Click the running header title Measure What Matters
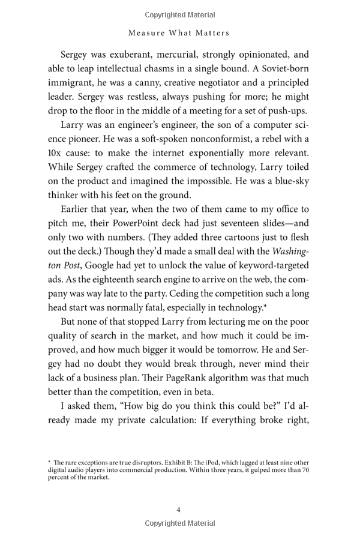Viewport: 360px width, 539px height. tap(179, 32)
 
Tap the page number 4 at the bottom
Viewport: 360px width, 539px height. tap(179, 510)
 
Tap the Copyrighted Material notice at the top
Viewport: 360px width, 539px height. tap(179, 14)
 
